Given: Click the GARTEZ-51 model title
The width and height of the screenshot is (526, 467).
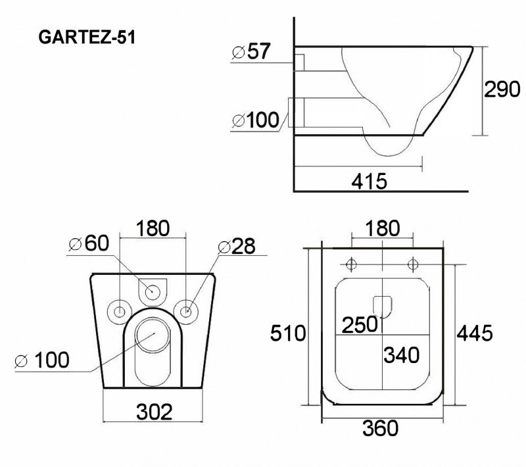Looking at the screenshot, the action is click(87, 37).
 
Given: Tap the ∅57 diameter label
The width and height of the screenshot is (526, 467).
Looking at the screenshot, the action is click(251, 51).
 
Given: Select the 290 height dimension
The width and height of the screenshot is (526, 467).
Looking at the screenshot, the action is click(502, 89).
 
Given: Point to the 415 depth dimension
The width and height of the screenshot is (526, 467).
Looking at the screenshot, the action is click(370, 181).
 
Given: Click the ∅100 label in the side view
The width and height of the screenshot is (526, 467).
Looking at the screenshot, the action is click(255, 120).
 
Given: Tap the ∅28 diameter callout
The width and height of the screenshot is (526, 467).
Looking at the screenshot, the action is click(237, 246).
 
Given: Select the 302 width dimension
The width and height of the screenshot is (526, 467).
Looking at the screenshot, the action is click(155, 412).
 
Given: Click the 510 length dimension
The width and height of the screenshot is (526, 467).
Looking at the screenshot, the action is click(288, 333).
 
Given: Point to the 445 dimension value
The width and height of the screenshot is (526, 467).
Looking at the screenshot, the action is click(475, 333).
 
